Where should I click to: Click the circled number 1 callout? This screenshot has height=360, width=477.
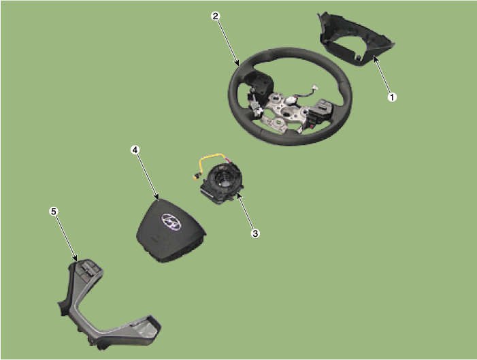pos(392,97)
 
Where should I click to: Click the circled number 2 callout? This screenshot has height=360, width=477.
pos(216,16)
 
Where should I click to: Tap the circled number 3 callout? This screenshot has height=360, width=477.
pos(255,233)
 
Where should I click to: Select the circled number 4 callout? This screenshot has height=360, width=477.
pos(135,150)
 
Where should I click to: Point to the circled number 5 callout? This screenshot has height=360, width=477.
pos(54,211)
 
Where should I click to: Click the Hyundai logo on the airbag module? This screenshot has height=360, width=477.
pos(171,222)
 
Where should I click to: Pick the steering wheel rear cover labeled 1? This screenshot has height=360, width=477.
pos(356,39)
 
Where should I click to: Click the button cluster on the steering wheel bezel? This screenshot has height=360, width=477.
pos(88,270)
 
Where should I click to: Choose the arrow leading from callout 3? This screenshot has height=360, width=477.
pos(246,212)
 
